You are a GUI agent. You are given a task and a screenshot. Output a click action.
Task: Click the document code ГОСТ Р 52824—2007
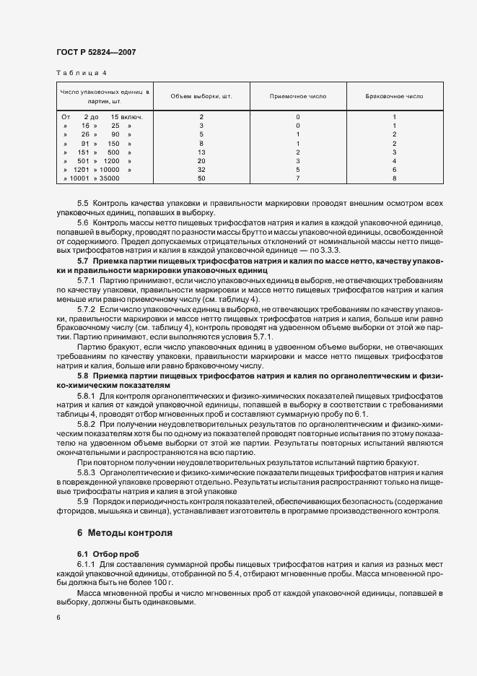[x=96, y=53]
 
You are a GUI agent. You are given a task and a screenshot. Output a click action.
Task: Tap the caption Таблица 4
[x=81, y=73]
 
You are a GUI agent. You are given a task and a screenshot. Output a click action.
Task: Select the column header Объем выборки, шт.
[x=201, y=96]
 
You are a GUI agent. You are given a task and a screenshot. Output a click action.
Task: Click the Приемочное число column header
[x=297, y=96]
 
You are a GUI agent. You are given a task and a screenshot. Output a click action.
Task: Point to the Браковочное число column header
[x=394, y=96]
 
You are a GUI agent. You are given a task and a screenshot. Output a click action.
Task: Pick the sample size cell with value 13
[x=201, y=152]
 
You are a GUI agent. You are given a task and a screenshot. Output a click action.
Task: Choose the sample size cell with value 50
[x=201, y=178]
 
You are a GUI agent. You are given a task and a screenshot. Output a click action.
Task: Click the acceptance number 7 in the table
[x=297, y=178]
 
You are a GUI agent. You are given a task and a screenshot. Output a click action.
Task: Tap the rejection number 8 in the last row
[x=394, y=178]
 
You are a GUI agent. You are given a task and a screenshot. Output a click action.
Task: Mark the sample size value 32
[x=201, y=169]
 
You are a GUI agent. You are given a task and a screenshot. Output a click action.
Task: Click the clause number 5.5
[x=82, y=204]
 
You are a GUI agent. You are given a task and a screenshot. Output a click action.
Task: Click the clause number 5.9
[x=82, y=500]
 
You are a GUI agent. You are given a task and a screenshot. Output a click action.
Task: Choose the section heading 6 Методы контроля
[x=124, y=534]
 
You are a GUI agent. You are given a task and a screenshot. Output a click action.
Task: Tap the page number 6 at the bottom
[x=58, y=617]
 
